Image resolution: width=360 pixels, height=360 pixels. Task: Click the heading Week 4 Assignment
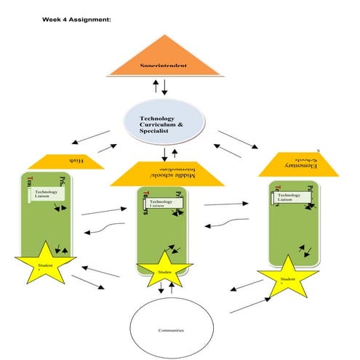[x=76, y=20]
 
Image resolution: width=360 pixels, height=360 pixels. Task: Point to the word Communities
[x=171, y=329]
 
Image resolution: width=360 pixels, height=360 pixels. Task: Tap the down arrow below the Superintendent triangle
[x=165, y=87]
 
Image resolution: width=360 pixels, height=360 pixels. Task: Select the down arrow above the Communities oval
[x=161, y=289]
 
